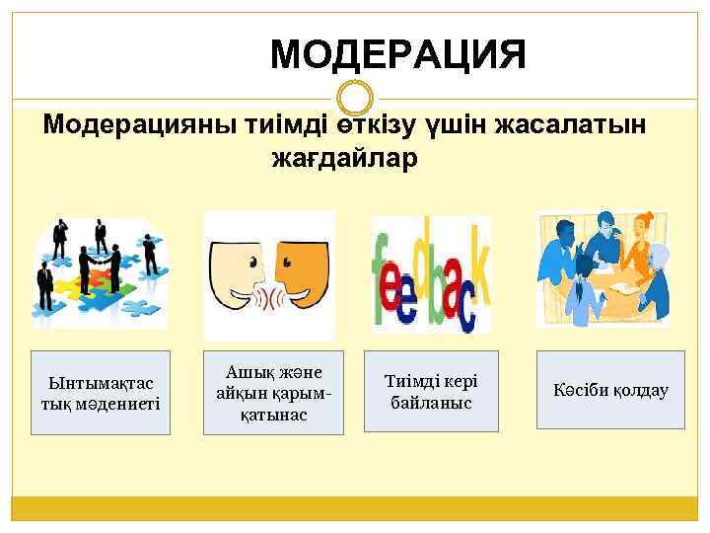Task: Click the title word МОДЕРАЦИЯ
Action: click(x=398, y=55)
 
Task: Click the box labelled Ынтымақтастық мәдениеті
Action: click(x=100, y=392)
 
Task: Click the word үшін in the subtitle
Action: click(x=463, y=125)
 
